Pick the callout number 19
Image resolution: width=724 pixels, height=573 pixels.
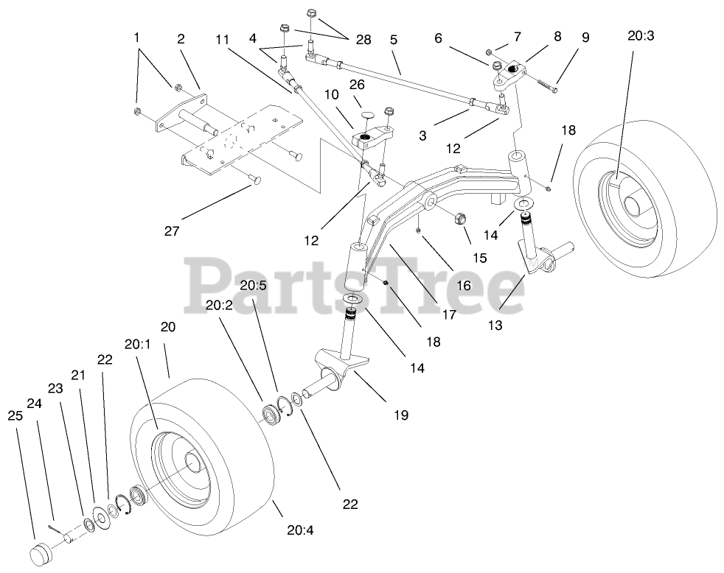(400, 415)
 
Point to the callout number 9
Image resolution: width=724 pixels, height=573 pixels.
(585, 37)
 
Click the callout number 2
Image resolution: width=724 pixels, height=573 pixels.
(181, 41)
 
